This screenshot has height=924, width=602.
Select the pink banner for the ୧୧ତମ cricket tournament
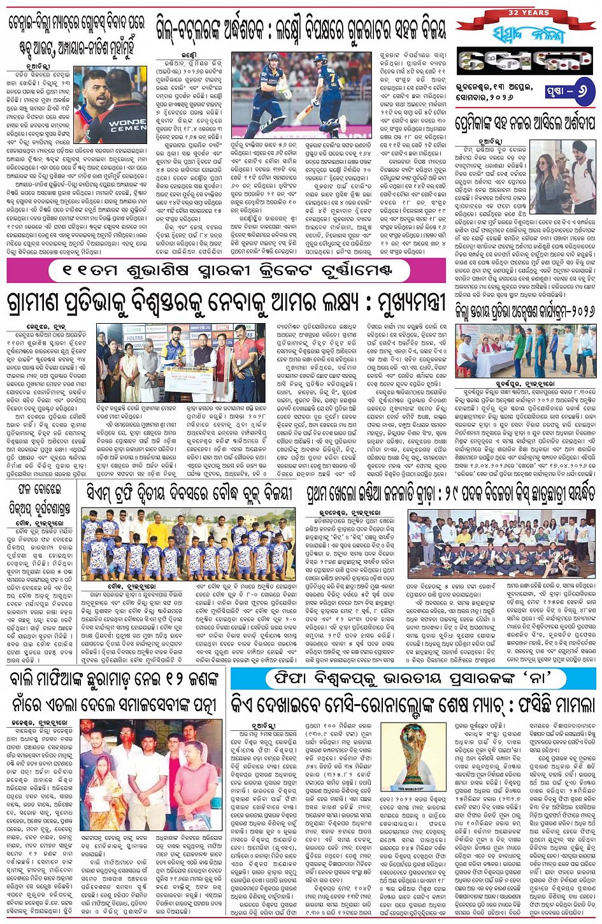pos(226,271)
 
